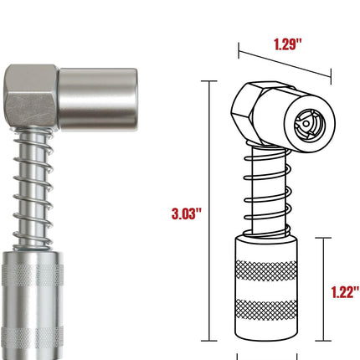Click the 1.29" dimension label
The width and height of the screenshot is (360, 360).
pos(288,44)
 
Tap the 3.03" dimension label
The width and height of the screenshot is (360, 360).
pos(187,213)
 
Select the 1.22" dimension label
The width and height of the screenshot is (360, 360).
pos(345,292)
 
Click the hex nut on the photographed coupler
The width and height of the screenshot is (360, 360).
pos(32,97)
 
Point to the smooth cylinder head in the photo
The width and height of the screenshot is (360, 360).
pos(98,100)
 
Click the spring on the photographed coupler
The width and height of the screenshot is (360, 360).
pos(33,189)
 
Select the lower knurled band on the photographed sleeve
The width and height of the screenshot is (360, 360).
pos(33,337)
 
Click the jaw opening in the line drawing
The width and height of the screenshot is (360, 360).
pos(310,123)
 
